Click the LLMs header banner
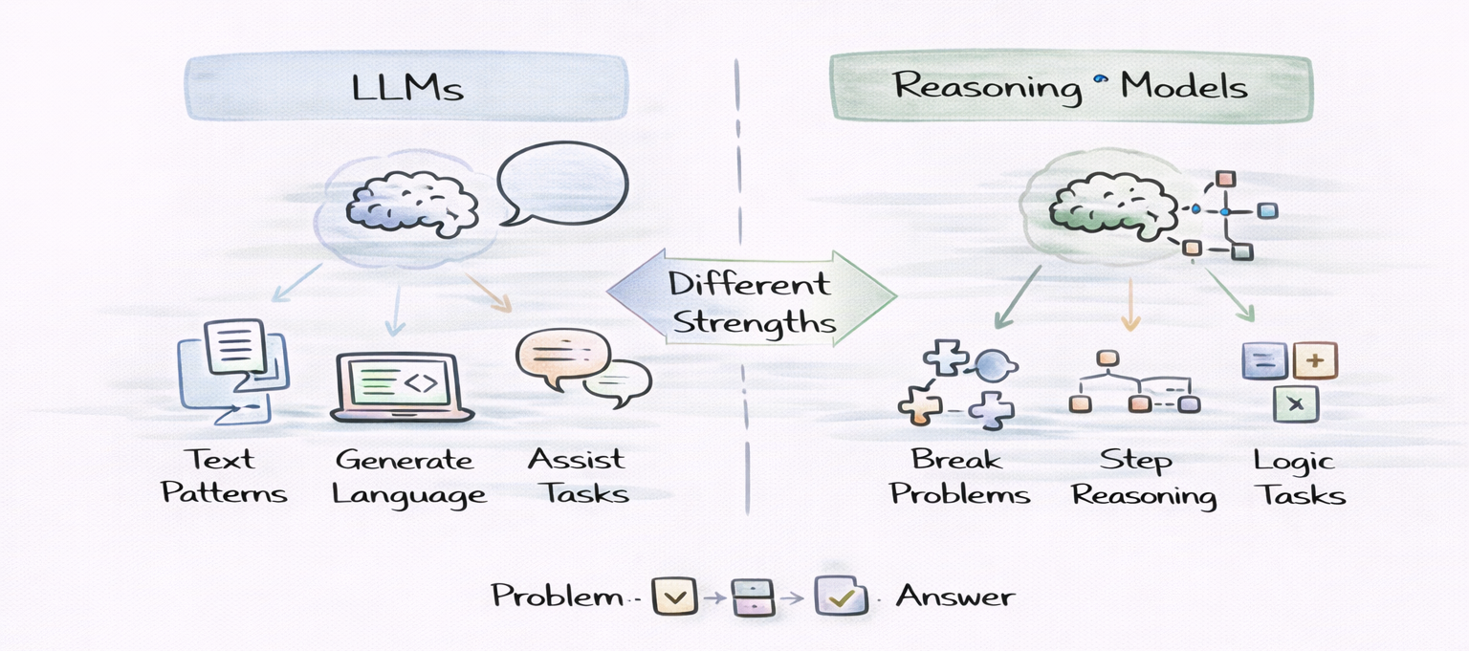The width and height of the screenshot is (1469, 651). (406, 87)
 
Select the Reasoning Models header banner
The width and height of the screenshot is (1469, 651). (1070, 87)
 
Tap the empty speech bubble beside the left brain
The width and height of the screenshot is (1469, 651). (563, 184)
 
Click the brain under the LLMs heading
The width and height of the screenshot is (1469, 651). (411, 205)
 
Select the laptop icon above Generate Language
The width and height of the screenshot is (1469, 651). (403, 387)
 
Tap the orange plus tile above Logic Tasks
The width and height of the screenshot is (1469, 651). (1315, 361)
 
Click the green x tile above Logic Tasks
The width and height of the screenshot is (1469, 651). (1296, 403)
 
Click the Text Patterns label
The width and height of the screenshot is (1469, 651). (224, 476)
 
